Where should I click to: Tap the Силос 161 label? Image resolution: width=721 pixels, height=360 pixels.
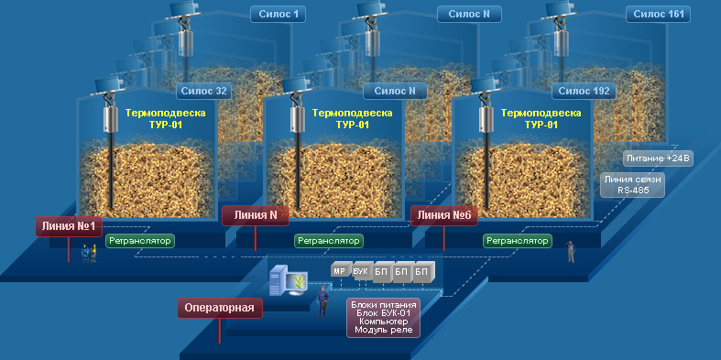pyautogui.click(x=659, y=15)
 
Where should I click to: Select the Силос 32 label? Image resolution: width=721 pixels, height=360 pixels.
pyautogui.click(x=203, y=91)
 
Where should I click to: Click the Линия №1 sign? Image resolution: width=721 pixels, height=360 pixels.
pyautogui.click(x=69, y=226)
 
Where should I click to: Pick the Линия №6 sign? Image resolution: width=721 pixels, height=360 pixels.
pyautogui.click(x=444, y=214)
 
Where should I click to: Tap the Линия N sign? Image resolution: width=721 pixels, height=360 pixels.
pyautogui.click(x=256, y=214)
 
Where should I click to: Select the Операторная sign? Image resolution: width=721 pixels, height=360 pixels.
pyautogui.click(x=220, y=308)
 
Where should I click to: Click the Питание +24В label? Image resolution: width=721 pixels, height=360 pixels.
pyautogui.click(x=659, y=158)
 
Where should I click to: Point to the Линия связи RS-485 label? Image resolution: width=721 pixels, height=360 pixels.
pyautogui.click(x=633, y=185)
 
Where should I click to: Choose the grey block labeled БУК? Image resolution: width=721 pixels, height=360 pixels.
pyautogui.click(x=362, y=270)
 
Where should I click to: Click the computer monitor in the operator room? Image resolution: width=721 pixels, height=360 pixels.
pyautogui.click(x=296, y=280)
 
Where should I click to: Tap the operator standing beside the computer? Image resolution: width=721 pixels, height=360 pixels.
pyautogui.click(x=323, y=301)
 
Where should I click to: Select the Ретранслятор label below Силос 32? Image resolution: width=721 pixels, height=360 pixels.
pyautogui.click(x=140, y=241)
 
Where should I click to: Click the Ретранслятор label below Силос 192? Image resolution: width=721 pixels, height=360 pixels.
pyautogui.click(x=518, y=241)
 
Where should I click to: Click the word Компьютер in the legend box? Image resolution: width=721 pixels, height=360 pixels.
pyautogui.click(x=383, y=321)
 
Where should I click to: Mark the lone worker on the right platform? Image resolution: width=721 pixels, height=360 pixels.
pyautogui.click(x=571, y=252)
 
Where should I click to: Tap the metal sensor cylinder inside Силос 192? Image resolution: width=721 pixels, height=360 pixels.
pyautogui.click(x=485, y=119)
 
